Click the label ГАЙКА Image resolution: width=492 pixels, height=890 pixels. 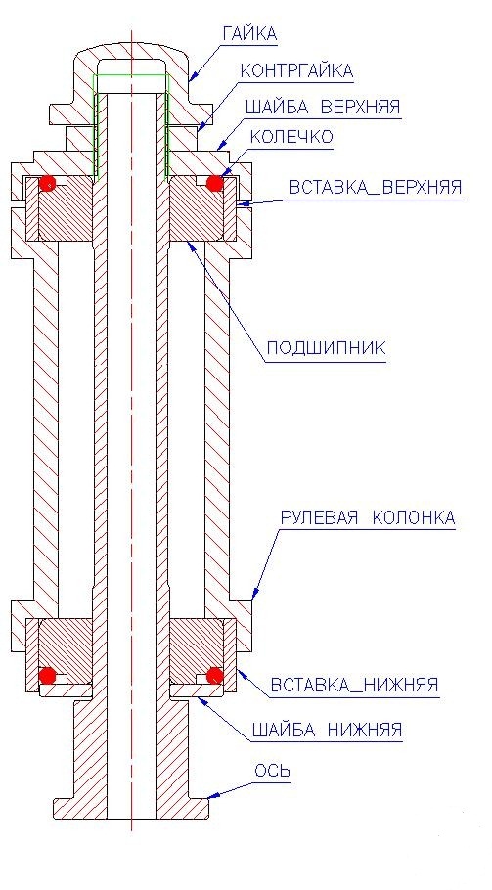point(249,33)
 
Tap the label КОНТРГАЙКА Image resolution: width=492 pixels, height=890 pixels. point(296,71)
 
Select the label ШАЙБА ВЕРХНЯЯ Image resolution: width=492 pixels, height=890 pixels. point(323,107)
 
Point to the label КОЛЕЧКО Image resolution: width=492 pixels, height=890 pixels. point(291,137)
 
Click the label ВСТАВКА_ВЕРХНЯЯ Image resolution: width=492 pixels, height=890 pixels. point(375,188)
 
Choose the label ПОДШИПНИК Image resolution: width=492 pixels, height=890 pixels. point(327,347)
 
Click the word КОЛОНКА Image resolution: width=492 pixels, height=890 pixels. point(415,517)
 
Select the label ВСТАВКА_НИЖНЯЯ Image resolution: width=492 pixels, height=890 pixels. point(355,685)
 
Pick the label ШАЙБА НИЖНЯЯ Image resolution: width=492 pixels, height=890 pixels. point(327,730)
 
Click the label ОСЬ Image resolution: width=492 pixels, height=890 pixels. point(272,771)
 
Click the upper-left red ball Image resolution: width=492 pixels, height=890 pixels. point(47,183)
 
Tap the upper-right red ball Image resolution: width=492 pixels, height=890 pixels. point(214,183)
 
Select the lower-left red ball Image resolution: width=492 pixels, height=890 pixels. point(48,676)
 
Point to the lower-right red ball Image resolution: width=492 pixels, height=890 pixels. point(214,676)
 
